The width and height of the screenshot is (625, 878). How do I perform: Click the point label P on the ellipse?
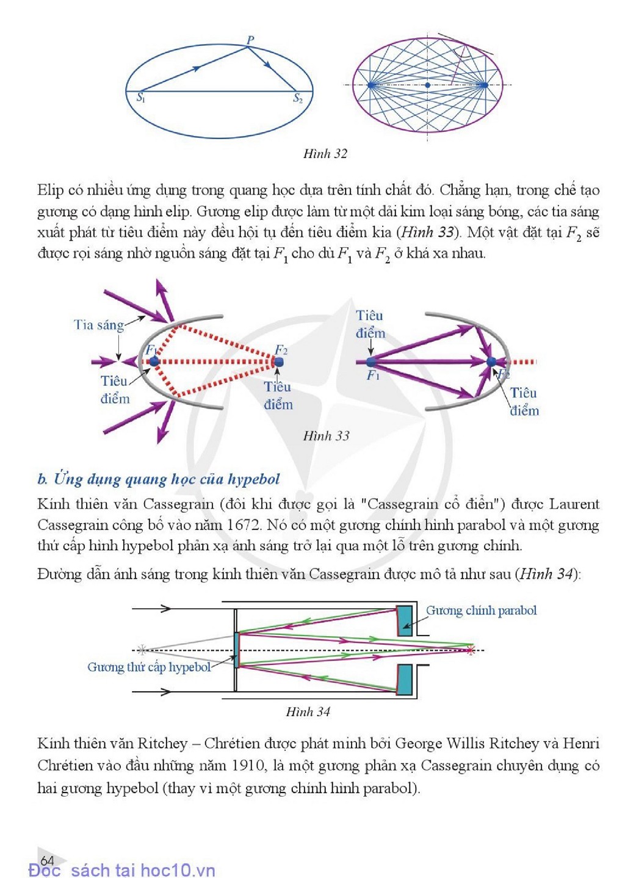[250, 40]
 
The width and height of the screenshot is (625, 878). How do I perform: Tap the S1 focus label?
[140, 98]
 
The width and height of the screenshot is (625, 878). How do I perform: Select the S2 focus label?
[298, 98]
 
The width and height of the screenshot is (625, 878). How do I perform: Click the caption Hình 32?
[325, 154]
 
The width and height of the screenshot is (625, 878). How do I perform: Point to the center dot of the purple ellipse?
[427, 85]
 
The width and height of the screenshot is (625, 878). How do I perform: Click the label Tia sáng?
[99, 325]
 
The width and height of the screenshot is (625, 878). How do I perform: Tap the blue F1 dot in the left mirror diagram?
[154, 361]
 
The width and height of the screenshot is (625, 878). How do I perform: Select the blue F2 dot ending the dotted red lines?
[278, 361]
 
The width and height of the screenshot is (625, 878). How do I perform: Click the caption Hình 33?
[326, 436]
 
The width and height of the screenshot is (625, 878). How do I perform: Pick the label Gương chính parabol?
[481, 611]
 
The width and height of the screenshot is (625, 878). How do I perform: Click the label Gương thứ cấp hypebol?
[149, 667]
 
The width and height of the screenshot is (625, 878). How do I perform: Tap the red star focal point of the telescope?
[471, 650]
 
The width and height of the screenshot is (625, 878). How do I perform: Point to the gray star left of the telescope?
[142, 650]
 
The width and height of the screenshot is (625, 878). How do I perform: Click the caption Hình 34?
[308, 711]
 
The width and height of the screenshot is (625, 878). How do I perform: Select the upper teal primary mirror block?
[405, 621]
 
